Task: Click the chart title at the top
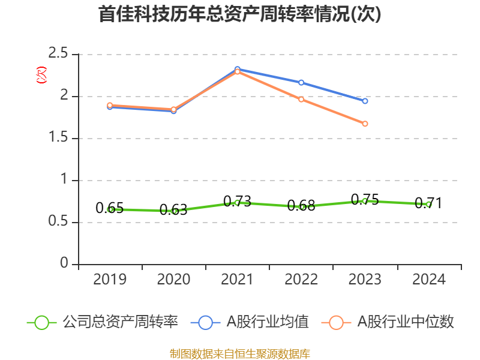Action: pyautogui.click(x=240, y=14)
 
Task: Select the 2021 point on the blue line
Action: pyautogui.click(x=238, y=70)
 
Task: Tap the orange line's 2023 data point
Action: pyautogui.click(x=365, y=124)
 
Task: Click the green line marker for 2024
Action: pyautogui.click(x=428, y=204)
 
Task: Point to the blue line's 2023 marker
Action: pyautogui.click(x=365, y=101)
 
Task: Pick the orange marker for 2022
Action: pyautogui.click(x=301, y=99)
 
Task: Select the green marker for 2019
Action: pyautogui.click(x=110, y=209)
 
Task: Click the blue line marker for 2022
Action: pyautogui.click(x=301, y=82)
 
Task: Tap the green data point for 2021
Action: pyautogui.click(x=238, y=202)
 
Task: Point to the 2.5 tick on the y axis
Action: pyautogui.click(x=59, y=55)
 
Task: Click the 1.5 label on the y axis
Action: pyautogui.click(x=59, y=139)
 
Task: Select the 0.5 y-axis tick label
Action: pyautogui.click(x=59, y=223)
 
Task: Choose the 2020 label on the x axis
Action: pyautogui.click(x=174, y=280)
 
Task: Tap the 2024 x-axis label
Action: pyautogui.click(x=428, y=280)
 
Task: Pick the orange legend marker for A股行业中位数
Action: pyautogui.click(x=336, y=322)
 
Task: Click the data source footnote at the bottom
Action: pyautogui.click(x=240, y=353)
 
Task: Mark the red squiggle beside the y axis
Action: pyautogui.click(x=41, y=75)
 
